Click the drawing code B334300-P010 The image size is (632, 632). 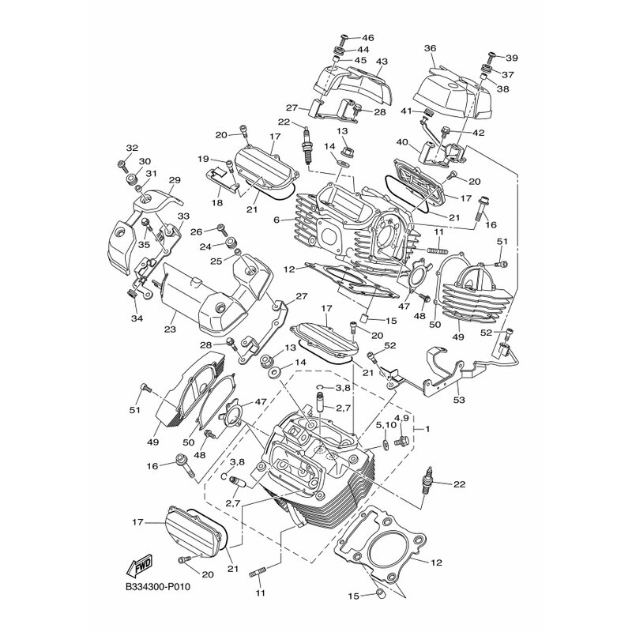tap(158, 587)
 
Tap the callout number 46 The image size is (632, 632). tap(367, 38)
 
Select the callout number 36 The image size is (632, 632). tap(430, 48)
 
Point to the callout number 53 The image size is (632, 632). tap(459, 400)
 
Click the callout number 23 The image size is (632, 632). tap(170, 329)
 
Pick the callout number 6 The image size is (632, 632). tap(276, 220)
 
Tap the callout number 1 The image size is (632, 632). tap(427, 429)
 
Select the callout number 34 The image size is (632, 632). tap(137, 318)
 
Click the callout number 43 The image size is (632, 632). tap(382, 62)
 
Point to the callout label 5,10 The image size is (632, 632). tap(386, 425)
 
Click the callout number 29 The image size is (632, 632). tap(175, 180)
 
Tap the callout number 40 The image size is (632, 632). tap(403, 142)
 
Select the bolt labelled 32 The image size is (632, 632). tap(122, 164)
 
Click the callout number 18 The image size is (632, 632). tap(216, 202)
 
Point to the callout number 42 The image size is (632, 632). tap(479, 133)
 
